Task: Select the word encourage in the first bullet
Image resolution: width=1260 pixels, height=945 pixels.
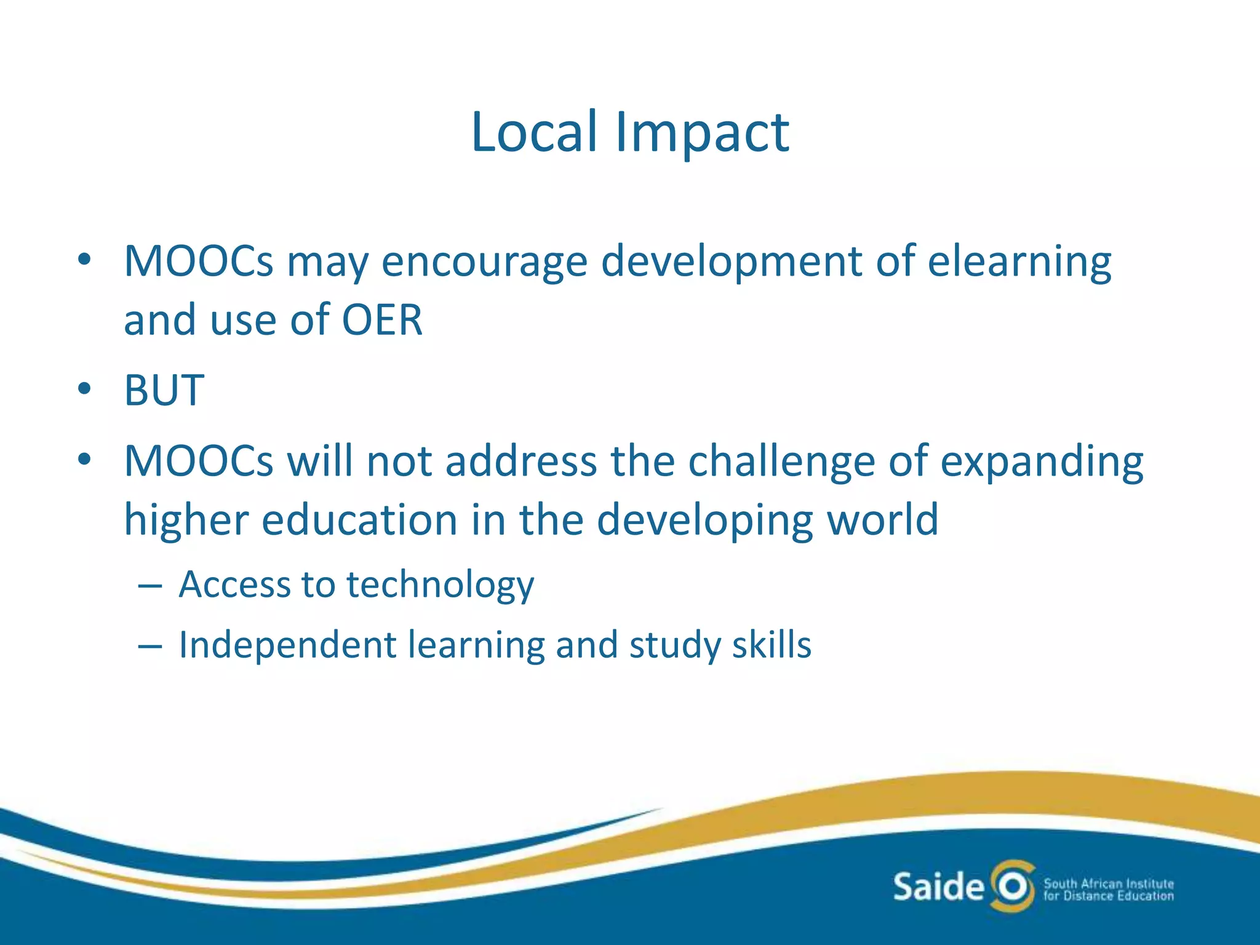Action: click(484, 262)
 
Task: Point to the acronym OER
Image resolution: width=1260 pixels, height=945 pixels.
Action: click(382, 320)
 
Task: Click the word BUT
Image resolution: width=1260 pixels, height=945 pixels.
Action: click(164, 390)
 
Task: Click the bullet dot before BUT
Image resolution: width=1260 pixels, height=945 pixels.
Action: click(84, 389)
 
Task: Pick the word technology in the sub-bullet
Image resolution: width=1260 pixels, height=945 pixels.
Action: click(440, 584)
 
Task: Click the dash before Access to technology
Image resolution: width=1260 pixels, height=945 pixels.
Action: click(150, 586)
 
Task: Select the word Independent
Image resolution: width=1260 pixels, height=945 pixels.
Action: click(287, 645)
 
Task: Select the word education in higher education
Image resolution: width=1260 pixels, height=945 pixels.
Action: click(359, 520)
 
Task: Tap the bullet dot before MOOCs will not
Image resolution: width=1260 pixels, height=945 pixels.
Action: click(84, 460)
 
